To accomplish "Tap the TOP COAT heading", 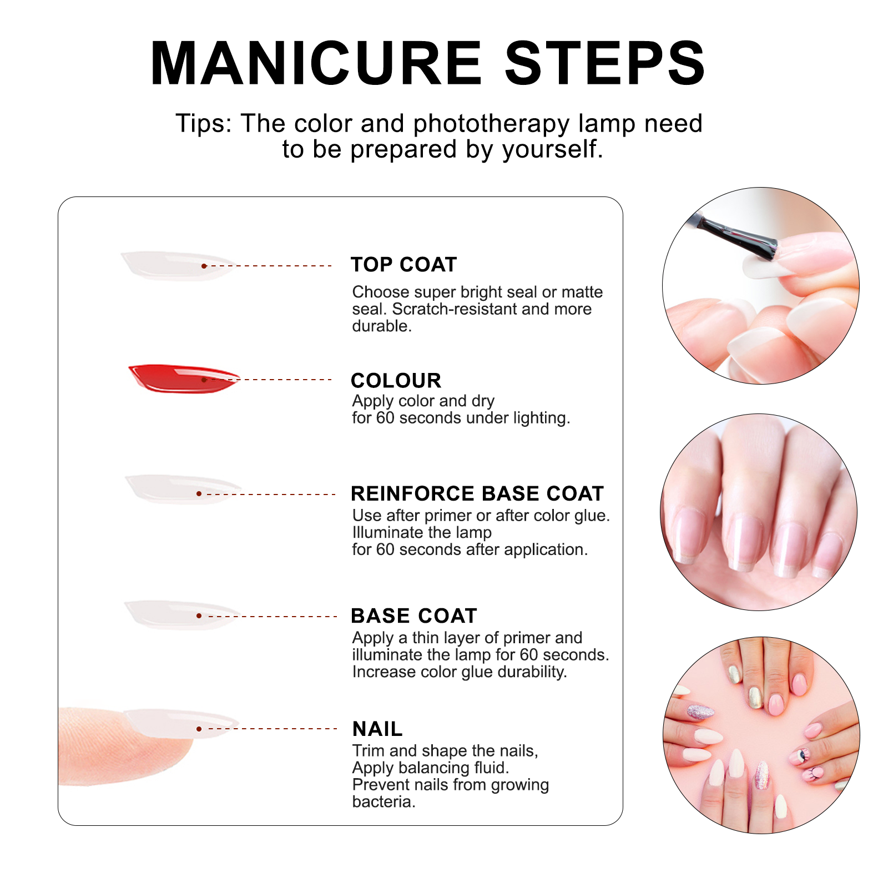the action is click(x=403, y=265).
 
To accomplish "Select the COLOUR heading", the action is click(x=396, y=381).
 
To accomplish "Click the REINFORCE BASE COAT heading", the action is click(x=477, y=493).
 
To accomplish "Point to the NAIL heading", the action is click(x=377, y=729).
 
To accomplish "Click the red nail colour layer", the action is click(x=184, y=379).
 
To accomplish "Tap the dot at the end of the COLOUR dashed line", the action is click(x=204, y=380).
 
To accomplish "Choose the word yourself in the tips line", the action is click(x=552, y=150).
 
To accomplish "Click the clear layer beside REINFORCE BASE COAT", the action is click(x=183, y=490).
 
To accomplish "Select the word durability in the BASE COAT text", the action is click(x=532, y=672).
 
